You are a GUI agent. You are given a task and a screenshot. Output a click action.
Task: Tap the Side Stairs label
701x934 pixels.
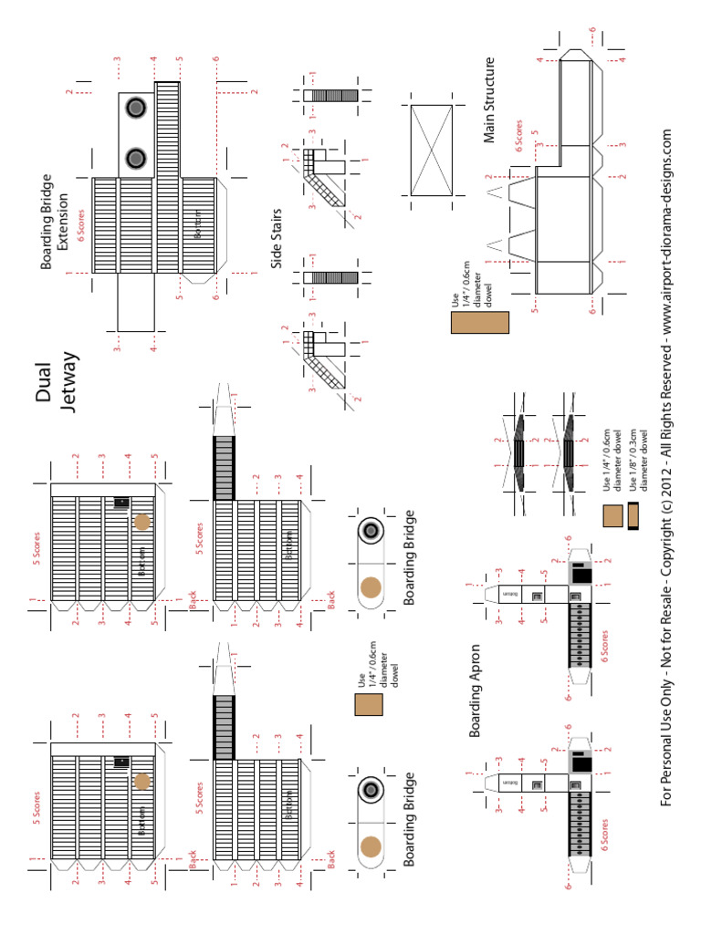coord(277,239)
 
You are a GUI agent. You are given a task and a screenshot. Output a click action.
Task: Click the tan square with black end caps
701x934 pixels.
coord(633,516)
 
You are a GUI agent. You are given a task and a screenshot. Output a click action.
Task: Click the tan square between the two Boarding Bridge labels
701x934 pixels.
coord(369,706)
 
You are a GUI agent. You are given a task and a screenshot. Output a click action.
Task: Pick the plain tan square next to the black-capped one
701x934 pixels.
coord(612,516)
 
